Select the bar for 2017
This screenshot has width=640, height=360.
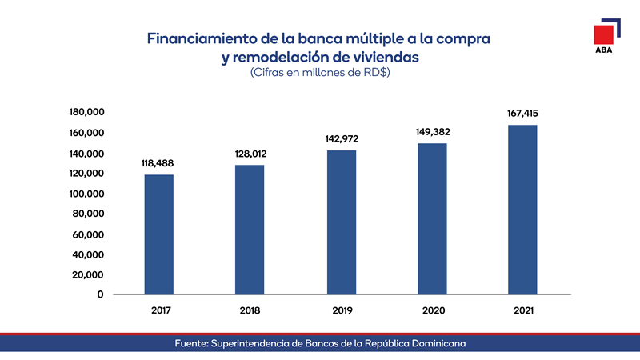(159, 234)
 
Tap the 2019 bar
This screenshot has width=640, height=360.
(341, 222)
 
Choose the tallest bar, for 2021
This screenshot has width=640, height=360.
(522, 209)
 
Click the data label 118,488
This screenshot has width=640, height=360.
(159, 164)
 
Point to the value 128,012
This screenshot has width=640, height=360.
(250, 154)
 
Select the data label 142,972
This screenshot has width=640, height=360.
(341, 140)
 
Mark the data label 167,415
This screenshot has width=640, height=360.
(522, 114)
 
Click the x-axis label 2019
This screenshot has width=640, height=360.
(341, 310)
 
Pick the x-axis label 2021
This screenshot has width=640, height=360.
(522, 310)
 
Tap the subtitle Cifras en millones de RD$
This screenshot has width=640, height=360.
(320, 74)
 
